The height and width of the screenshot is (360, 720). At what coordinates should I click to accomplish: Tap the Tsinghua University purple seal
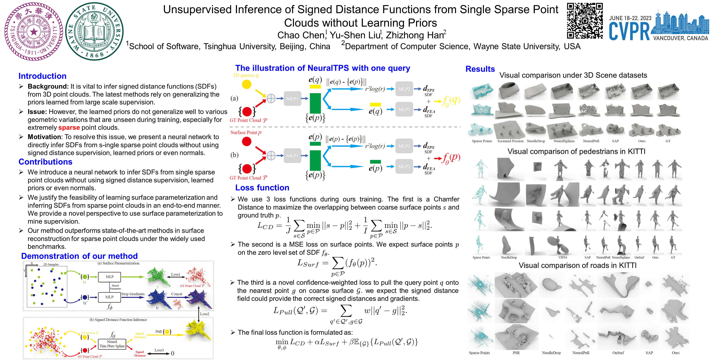[x=34, y=31]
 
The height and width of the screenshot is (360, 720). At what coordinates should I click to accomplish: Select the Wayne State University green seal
[x=95, y=31]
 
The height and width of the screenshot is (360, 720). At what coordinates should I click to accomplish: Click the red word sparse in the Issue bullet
[x=69, y=128]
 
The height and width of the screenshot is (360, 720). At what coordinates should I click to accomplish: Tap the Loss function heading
[x=262, y=187]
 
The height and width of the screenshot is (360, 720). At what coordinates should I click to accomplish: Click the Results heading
[x=480, y=69]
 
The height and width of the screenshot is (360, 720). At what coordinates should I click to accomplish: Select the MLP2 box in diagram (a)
[x=404, y=89]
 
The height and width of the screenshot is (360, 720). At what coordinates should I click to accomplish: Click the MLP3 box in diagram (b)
[x=404, y=167]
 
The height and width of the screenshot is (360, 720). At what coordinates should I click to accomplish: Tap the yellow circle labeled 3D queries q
[x=247, y=84]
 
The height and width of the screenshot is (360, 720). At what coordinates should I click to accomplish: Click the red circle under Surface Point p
[x=247, y=141]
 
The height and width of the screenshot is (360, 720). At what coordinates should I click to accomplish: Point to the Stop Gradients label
[x=133, y=294]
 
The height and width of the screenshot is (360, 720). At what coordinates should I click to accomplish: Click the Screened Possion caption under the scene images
[x=510, y=141]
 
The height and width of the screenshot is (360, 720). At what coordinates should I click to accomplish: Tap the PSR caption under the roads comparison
[x=516, y=353]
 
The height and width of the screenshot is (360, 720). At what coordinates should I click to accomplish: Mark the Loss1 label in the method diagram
[x=175, y=275]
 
